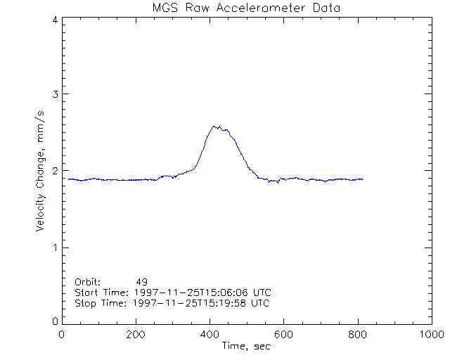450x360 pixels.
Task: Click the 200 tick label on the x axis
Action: [x=136, y=334]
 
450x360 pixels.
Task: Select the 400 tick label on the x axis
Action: [x=210, y=334]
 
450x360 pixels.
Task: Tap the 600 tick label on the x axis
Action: [x=283, y=334]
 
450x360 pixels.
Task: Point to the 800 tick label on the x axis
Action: [x=357, y=334]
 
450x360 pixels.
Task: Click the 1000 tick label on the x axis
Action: [x=430, y=334]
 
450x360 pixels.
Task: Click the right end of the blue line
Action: [x=363, y=179]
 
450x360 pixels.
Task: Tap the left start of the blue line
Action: [x=67, y=179]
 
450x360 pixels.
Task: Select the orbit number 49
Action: [x=142, y=282]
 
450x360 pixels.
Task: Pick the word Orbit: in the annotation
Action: [x=88, y=282]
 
